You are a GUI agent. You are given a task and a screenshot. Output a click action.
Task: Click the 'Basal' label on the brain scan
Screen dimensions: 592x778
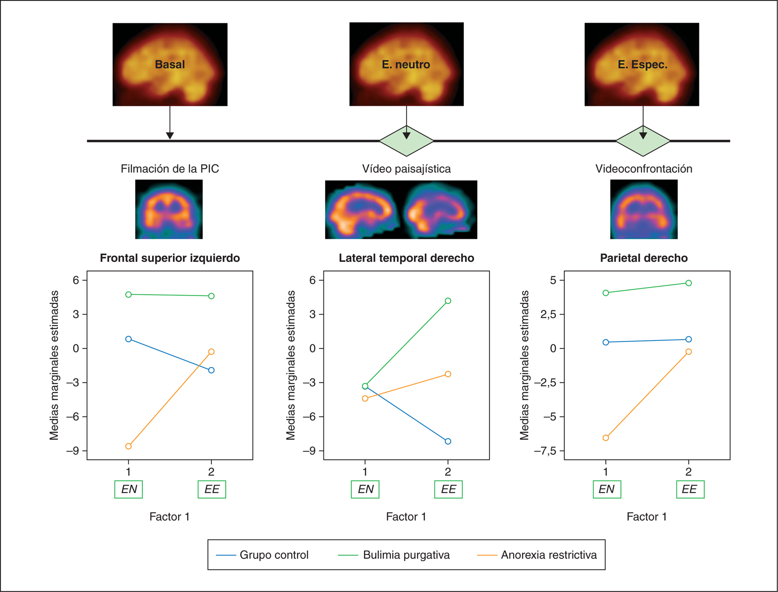coord(170,64)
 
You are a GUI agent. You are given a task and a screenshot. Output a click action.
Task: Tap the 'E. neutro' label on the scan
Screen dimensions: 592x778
coord(406,64)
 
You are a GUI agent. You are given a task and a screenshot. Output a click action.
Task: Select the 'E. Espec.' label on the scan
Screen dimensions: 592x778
coord(642,64)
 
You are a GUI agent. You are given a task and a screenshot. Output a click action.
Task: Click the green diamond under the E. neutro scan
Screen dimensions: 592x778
coord(406,141)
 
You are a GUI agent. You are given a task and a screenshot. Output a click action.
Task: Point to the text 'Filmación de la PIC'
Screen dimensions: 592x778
coord(169,169)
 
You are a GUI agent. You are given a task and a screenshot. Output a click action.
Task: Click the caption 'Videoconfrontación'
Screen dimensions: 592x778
coord(644,169)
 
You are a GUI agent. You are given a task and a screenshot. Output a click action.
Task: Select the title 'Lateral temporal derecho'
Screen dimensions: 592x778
coord(406,258)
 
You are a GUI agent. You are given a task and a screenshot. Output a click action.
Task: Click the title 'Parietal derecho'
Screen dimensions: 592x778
coord(644,258)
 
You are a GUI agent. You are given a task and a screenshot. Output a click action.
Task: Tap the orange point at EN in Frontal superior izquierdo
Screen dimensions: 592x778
coord(128,446)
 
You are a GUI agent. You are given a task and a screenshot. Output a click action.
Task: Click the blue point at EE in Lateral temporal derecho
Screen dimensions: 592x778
coord(448,441)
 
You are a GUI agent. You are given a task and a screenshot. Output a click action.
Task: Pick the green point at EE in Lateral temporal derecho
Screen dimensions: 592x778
coord(448,301)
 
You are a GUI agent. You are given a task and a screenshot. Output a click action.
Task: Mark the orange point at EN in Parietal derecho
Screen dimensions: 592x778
coord(606,438)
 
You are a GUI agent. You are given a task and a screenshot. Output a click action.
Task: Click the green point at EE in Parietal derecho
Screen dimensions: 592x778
coord(689,283)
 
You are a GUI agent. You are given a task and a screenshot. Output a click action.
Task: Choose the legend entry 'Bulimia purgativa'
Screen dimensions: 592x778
coord(406,555)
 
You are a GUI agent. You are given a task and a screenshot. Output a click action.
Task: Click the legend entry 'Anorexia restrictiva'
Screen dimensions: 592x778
coord(548,555)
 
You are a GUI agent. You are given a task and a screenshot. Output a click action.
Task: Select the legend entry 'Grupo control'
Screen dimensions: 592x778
coord(274,555)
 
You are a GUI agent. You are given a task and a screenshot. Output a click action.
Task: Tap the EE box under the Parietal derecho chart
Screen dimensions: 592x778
coord(690,489)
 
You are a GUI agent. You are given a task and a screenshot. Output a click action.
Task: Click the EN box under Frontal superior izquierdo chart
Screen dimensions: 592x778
coord(129,489)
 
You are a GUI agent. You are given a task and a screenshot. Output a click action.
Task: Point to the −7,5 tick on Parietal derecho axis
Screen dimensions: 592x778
coord(545,451)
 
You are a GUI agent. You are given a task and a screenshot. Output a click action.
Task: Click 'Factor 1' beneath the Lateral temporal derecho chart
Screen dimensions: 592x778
coord(406,517)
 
